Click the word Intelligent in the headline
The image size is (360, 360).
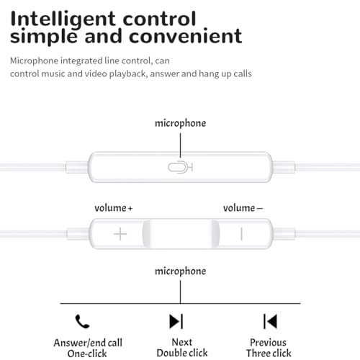(x=63, y=20)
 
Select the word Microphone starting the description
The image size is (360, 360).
(x=34, y=61)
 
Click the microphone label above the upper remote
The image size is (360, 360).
(x=181, y=123)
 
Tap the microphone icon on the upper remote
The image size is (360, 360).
(x=180, y=167)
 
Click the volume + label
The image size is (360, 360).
(x=113, y=208)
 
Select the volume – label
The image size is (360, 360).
(x=243, y=208)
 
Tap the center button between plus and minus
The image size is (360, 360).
(x=181, y=233)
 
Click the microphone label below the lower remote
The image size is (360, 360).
(x=181, y=271)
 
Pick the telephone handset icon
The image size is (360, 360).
(x=82, y=321)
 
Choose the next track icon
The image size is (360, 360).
(x=176, y=321)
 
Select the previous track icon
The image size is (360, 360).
(x=270, y=321)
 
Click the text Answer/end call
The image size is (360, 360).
(x=88, y=343)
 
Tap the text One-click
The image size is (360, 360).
(x=87, y=354)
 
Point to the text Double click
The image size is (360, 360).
(x=182, y=353)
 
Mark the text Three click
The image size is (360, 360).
(x=269, y=354)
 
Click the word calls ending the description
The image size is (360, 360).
(x=243, y=73)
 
